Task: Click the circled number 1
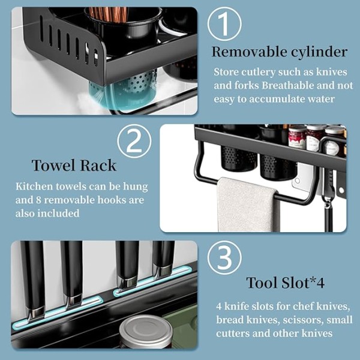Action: (x=224, y=24)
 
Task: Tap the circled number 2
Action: (x=134, y=141)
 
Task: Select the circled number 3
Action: (x=224, y=257)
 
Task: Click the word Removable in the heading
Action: (x=250, y=52)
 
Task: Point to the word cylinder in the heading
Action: (x=319, y=52)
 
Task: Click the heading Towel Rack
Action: (x=74, y=166)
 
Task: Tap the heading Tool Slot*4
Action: (x=286, y=283)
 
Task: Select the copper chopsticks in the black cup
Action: (x=108, y=14)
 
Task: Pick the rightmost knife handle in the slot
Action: (x=163, y=259)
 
